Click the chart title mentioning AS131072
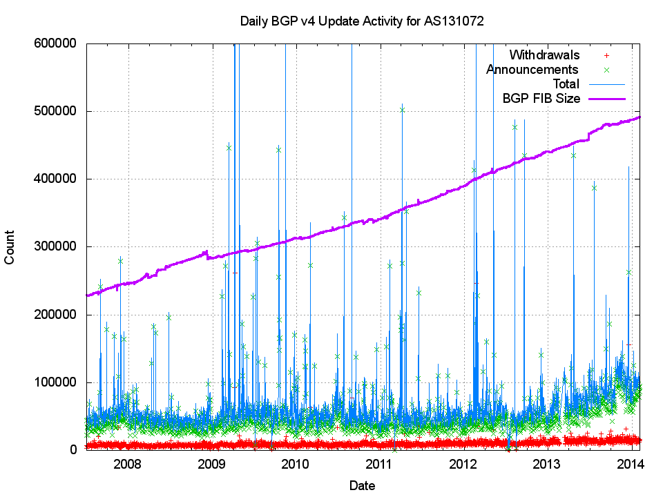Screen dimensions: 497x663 [362, 21]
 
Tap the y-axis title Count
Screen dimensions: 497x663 [10, 246]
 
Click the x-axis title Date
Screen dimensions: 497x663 [362, 485]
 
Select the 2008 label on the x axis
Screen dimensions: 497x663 [128, 462]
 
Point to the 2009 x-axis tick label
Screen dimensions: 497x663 [212, 462]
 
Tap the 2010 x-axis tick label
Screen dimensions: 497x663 [296, 462]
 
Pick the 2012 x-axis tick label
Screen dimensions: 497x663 [463, 462]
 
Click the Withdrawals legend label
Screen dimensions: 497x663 [544, 55]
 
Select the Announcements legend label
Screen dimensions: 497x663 [532, 69]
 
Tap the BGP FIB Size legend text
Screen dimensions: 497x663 [541, 98]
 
